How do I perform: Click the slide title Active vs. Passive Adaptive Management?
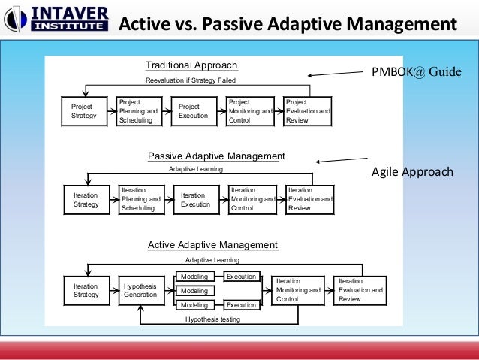[288, 24]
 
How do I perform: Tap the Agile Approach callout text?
[412, 171]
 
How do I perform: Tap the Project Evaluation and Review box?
[307, 111]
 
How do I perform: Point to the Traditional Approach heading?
[191, 65]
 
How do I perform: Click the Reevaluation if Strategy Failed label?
[190, 80]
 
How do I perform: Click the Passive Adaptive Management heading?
[216, 156]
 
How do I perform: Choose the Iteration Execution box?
[197, 200]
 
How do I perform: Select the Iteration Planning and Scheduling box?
[141, 200]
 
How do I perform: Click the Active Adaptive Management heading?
[212, 245]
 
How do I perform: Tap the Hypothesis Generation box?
[141, 290]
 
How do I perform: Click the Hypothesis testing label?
[212, 319]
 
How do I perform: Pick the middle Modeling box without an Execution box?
[194, 291]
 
